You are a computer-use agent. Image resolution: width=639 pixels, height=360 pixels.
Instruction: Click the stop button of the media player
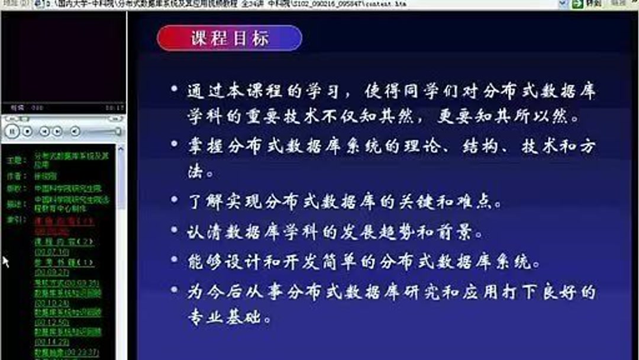click(28, 131)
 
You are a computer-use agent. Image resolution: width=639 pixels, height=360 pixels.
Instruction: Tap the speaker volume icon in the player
click(75, 131)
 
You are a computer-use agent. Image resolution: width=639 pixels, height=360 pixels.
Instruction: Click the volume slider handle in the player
click(118, 131)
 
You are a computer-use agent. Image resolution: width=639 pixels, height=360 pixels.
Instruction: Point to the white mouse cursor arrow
click(5, 261)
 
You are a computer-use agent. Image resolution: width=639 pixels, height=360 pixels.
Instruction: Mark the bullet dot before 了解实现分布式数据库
click(174, 201)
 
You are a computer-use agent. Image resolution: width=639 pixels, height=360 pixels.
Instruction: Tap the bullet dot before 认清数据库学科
click(174, 230)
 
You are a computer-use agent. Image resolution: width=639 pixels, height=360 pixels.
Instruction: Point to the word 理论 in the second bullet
click(424, 146)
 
